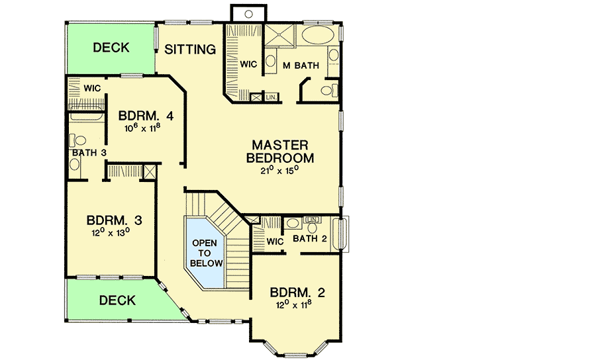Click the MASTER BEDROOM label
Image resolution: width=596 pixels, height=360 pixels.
point(279,152)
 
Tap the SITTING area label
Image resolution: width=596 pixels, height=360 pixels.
point(191,49)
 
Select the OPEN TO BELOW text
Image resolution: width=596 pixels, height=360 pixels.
point(205,253)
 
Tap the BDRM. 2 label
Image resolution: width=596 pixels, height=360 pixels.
point(297,292)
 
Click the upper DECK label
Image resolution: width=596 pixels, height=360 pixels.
point(111,48)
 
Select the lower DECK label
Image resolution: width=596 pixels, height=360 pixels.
point(117,300)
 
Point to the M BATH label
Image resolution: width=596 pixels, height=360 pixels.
point(301,66)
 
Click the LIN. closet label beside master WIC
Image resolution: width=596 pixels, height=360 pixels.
point(271,97)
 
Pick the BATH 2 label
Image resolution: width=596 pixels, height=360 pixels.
point(309,239)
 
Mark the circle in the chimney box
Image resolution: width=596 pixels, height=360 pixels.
point(246,13)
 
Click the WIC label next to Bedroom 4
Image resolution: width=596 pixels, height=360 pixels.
point(91,87)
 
